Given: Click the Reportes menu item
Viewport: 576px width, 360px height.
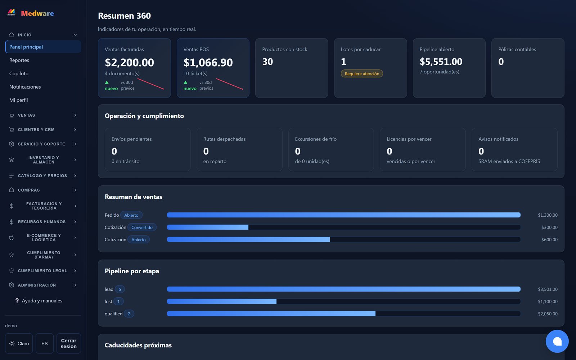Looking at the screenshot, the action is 19,60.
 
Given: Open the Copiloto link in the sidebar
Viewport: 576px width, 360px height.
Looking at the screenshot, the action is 19,73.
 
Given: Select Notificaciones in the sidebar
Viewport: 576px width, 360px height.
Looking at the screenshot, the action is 25,87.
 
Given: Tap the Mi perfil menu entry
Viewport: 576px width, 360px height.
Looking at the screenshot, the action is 18,100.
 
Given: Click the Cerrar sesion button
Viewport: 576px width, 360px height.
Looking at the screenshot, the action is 69,343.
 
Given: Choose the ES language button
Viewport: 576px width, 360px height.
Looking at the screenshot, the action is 45,343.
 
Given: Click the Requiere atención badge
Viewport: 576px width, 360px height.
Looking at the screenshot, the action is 362,73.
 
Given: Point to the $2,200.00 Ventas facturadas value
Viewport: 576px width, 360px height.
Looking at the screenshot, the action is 129,62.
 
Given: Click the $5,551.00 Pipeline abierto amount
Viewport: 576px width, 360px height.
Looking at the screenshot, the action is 441,62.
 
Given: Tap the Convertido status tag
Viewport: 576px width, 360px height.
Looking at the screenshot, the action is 142,227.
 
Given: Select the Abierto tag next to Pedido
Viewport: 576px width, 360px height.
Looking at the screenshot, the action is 131,215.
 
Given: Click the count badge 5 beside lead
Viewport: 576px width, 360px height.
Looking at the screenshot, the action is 120,289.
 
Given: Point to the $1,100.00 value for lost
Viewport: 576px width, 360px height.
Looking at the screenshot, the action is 548,301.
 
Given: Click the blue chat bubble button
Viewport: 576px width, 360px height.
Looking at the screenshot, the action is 557,341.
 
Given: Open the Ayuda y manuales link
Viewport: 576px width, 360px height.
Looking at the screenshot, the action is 42,301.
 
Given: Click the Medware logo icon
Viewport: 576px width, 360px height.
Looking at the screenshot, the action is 11,13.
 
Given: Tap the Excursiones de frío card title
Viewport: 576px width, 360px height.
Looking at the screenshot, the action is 315,139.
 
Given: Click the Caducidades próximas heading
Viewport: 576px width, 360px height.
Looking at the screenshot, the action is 138,345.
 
